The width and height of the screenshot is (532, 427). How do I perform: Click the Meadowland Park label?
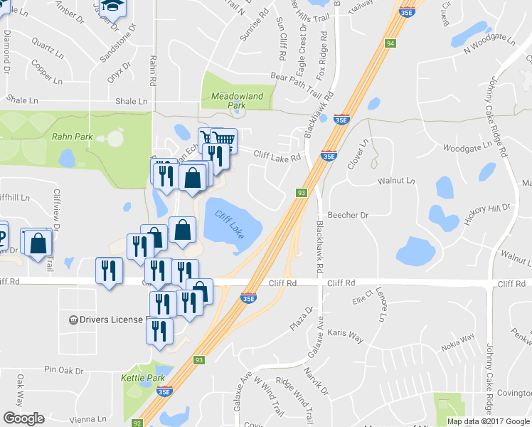[232, 100]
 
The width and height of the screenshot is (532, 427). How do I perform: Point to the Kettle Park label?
[143, 377]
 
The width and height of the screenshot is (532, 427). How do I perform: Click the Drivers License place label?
[111, 320]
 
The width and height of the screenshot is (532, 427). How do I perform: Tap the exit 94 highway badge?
[390, 43]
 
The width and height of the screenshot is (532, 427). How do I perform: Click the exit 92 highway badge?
[147, 423]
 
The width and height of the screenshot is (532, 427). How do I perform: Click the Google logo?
[23, 418]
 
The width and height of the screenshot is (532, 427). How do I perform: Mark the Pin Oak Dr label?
[64, 370]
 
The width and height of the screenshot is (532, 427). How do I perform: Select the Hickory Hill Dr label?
[488, 214]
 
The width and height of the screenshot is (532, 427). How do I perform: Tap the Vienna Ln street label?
[86, 420]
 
